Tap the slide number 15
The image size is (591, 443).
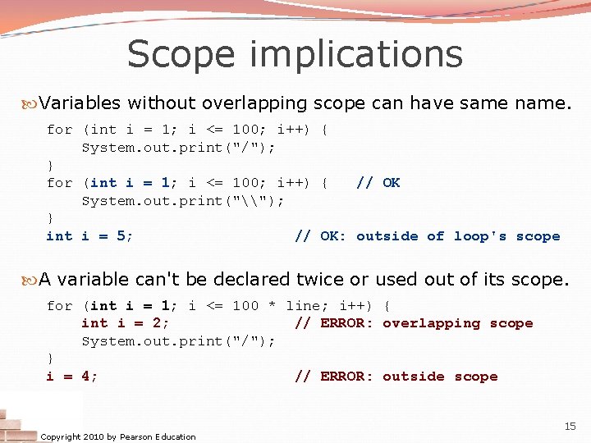click(x=570, y=426)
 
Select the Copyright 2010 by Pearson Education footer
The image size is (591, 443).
click(x=118, y=436)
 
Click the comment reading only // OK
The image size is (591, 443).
click(x=378, y=183)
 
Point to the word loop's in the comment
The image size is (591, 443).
click(x=480, y=236)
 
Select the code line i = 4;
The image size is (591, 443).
click(x=72, y=377)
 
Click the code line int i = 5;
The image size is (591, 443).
click(x=90, y=236)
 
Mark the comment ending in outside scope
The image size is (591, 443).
click(x=396, y=377)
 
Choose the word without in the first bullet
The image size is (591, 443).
click(x=160, y=103)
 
